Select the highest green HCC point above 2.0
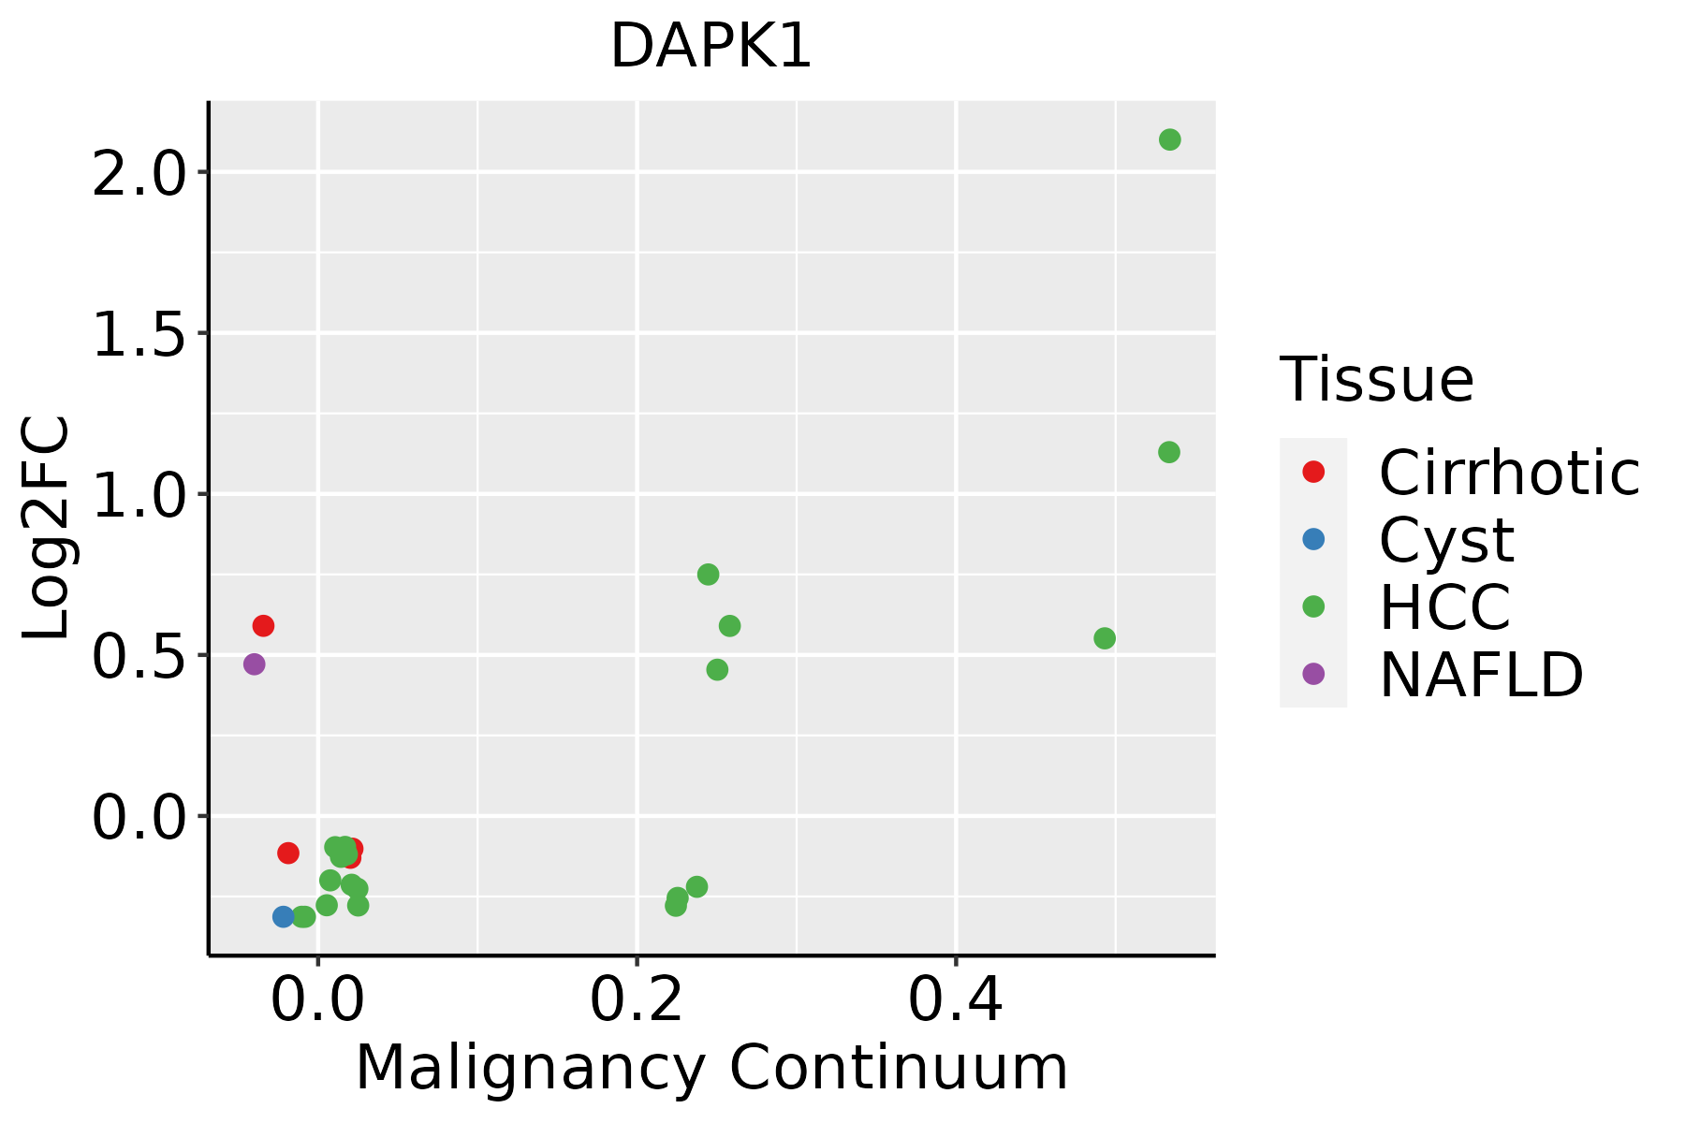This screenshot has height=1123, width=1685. [1169, 139]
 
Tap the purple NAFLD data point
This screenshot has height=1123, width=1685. [254, 664]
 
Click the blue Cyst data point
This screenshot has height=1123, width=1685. [284, 916]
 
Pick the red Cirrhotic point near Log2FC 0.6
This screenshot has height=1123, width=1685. [263, 625]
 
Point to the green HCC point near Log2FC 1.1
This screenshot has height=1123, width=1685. [1168, 452]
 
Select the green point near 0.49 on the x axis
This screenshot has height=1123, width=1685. [1105, 638]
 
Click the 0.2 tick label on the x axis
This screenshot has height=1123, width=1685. [636, 1001]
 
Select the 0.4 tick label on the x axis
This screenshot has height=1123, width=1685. [955, 1001]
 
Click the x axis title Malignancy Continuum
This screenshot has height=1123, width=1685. [711, 1068]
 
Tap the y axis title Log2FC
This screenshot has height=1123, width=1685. [47, 528]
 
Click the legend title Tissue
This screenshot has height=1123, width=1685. [1377, 380]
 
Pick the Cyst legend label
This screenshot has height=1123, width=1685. [1446, 540]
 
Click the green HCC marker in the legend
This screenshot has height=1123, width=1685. [1313, 606]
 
